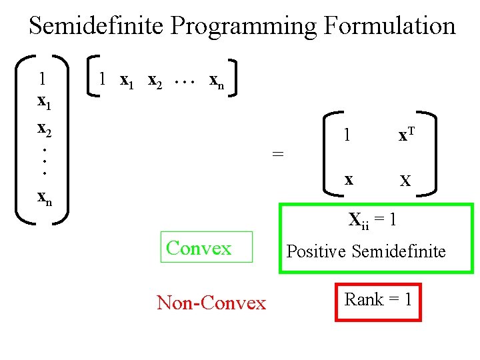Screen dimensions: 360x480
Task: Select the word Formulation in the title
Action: click(x=389, y=26)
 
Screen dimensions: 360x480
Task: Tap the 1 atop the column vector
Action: click(x=43, y=79)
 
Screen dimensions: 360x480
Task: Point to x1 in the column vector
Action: click(x=45, y=103)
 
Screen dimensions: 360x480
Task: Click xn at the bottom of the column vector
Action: click(x=45, y=197)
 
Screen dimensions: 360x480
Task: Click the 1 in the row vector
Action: click(x=101, y=79)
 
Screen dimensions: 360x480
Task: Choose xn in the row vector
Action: click(x=217, y=81)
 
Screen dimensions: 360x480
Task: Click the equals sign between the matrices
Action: click(x=278, y=154)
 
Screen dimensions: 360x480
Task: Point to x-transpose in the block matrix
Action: click(x=407, y=135)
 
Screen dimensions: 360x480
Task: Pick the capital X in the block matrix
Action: click(x=405, y=181)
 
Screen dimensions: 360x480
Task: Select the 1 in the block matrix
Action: click(x=347, y=136)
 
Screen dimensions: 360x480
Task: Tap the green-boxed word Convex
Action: click(x=199, y=248)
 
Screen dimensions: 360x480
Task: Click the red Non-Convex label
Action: click(x=211, y=303)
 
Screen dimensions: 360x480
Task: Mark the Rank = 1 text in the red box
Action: click(x=378, y=299)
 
